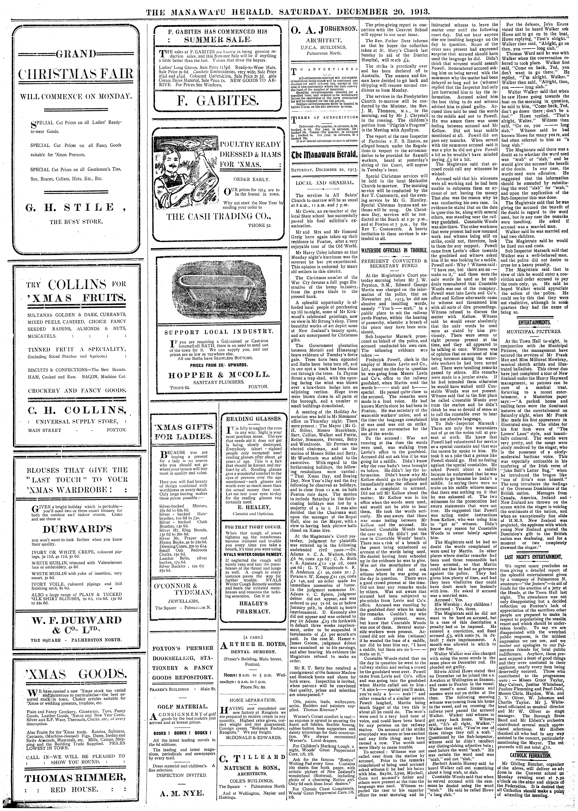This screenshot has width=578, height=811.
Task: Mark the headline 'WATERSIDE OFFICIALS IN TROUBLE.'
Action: [x=394, y=250]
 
